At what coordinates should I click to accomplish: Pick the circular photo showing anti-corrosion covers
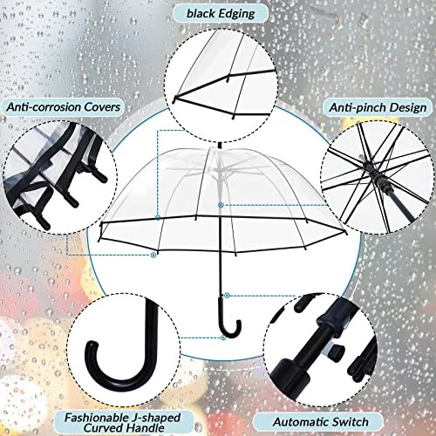tap(52, 170)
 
